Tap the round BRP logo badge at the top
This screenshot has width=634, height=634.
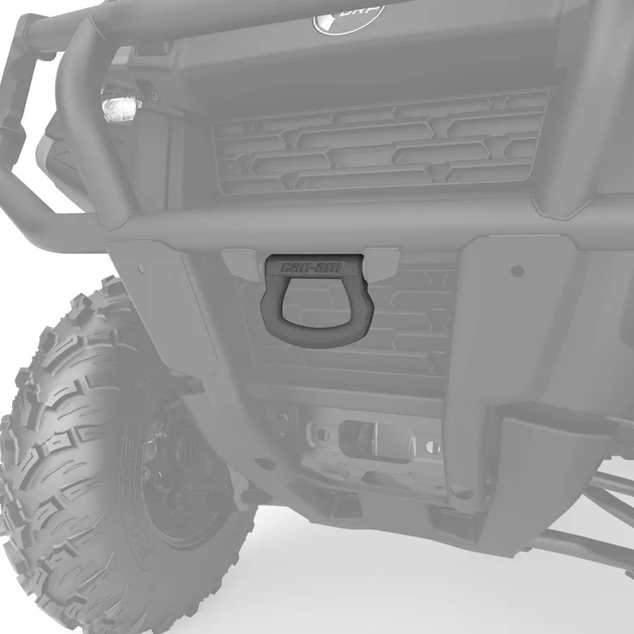348,16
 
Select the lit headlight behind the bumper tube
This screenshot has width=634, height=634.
120,106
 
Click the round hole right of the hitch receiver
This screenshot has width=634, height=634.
433,446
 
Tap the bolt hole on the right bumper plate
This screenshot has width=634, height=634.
517,271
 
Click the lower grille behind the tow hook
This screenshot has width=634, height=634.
406,325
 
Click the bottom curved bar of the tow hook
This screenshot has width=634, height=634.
313,337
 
